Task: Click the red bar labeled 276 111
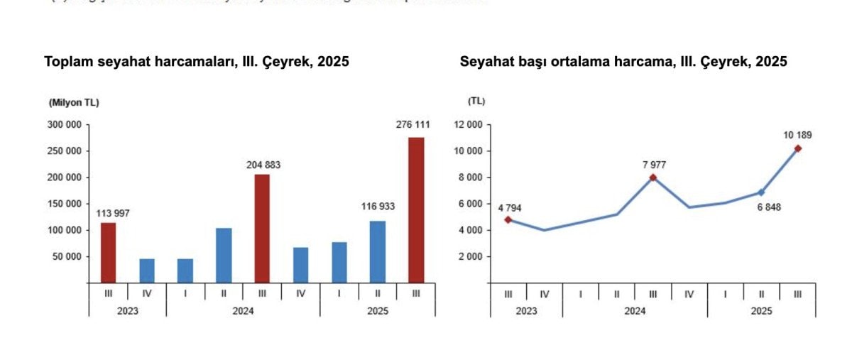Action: coord(416,210)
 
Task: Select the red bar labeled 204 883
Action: coord(262,229)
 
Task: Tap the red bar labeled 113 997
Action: coord(108,253)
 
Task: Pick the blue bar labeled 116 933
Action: coord(378,252)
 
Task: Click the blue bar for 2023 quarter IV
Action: coord(146,271)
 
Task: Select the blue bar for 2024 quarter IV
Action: coord(300,265)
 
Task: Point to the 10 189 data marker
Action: coord(798,148)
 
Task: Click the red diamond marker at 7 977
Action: coord(652,178)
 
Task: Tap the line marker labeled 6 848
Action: coord(761,192)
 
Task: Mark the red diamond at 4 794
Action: coord(508,219)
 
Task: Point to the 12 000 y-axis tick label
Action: coord(467,125)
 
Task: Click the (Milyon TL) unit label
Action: coord(74,102)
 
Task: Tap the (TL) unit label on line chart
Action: coord(476,101)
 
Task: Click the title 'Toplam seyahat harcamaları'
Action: coord(197,62)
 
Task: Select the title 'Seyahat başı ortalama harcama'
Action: coord(623,62)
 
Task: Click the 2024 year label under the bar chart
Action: coord(243,310)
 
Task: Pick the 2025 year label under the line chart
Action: coord(761,310)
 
